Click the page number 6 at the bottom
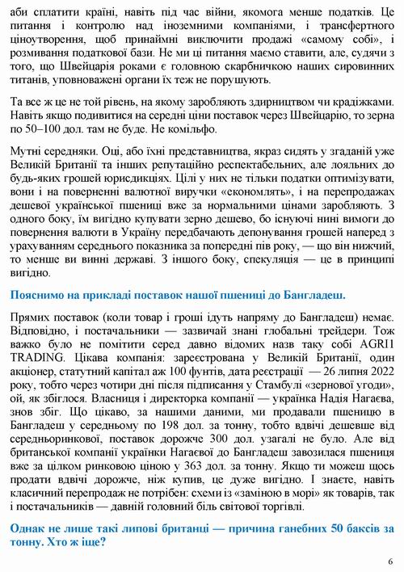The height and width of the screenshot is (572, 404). (389, 561)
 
